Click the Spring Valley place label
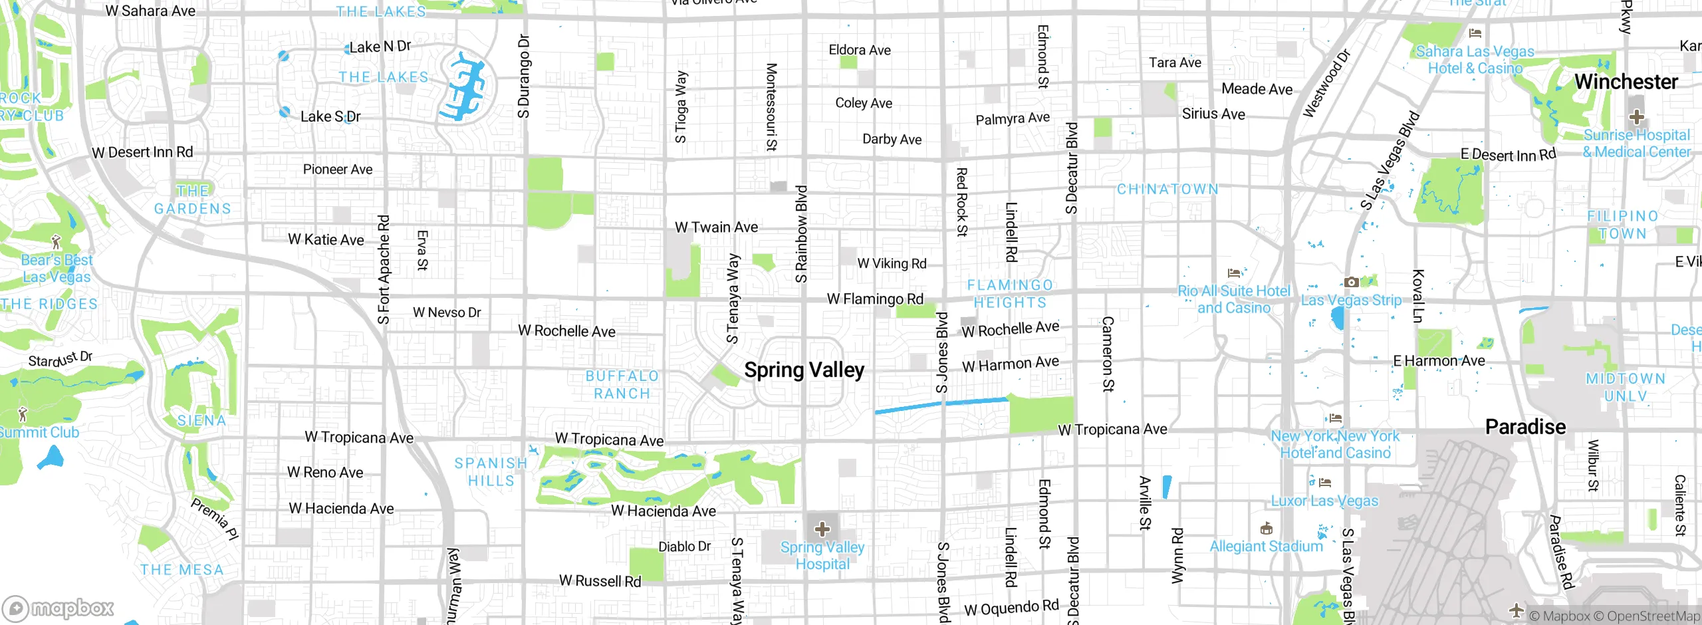pyautogui.click(x=804, y=370)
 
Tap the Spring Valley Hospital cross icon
pyautogui.click(x=822, y=529)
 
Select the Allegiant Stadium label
pyautogui.click(x=1266, y=547)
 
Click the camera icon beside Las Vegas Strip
pyautogui.click(x=1351, y=283)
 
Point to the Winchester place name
pyautogui.click(x=1626, y=82)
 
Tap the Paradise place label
pyautogui.click(x=1525, y=427)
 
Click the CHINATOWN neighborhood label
pyautogui.click(x=1167, y=189)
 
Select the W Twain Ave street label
pyautogui.click(x=716, y=227)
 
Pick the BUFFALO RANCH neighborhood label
pyautogui.click(x=622, y=385)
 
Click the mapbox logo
pyautogui.click(x=59, y=608)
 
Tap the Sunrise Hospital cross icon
pyautogui.click(x=1636, y=118)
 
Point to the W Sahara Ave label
pyautogui.click(x=150, y=11)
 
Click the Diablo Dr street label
pyautogui.click(x=684, y=547)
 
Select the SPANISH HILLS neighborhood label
pyautogui.click(x=491, y=471)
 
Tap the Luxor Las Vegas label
pyautogui.click(x=1324, y=501)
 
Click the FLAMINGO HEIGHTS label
pyautogui.click(x=1010, y=294)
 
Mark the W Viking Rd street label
pyautogui.click(x=892, y=263)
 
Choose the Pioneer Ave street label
pyautogui.click(x=338, y=170)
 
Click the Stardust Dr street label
pyautogui.click(x=60, y=359)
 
